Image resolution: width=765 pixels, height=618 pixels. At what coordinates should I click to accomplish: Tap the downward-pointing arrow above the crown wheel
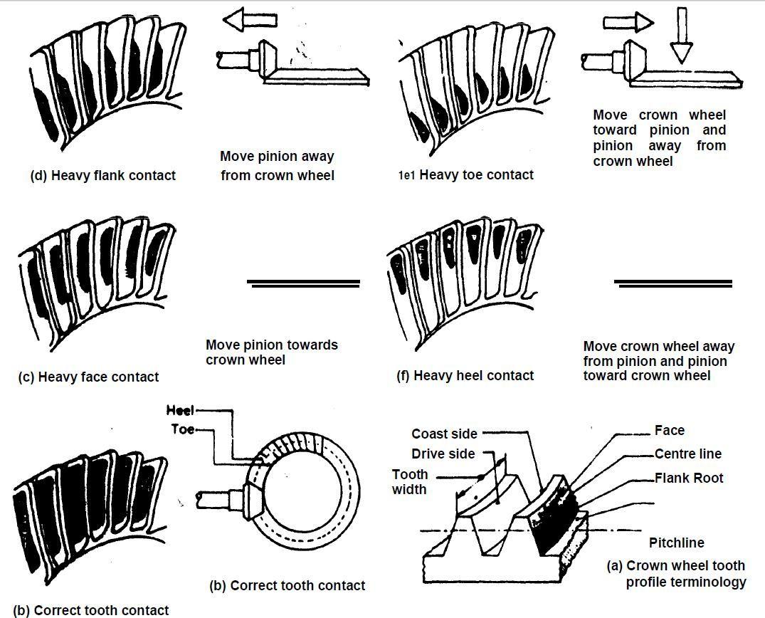682,35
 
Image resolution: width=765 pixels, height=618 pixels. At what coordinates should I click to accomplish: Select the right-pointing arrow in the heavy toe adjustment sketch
628,22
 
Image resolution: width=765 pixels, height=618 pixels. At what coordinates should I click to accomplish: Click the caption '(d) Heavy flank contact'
102,175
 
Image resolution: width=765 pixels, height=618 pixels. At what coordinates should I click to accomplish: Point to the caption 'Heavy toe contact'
476,174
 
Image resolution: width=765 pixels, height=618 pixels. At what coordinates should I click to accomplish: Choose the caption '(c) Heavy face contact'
88,377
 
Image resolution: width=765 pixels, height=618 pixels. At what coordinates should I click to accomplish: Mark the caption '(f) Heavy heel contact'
465,375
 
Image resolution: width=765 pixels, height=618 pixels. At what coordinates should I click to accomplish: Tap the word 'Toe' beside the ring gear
183,429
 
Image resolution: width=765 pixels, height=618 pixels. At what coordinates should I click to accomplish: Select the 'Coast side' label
444,434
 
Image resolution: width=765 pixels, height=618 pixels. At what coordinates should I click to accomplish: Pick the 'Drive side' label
444,454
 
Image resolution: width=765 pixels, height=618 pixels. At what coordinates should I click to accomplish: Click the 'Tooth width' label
410,481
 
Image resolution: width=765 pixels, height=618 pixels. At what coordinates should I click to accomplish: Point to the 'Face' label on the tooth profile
669,430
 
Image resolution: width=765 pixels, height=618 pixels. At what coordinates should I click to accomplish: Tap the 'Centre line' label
687,454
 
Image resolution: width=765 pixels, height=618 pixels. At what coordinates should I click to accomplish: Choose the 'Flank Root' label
688,478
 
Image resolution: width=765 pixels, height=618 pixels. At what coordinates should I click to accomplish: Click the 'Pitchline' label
676,543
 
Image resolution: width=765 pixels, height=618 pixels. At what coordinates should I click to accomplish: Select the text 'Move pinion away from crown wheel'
277,165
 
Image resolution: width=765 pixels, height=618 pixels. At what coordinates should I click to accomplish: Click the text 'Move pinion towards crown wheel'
271,352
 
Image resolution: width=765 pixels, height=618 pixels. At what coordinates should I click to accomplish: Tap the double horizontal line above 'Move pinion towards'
303,283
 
